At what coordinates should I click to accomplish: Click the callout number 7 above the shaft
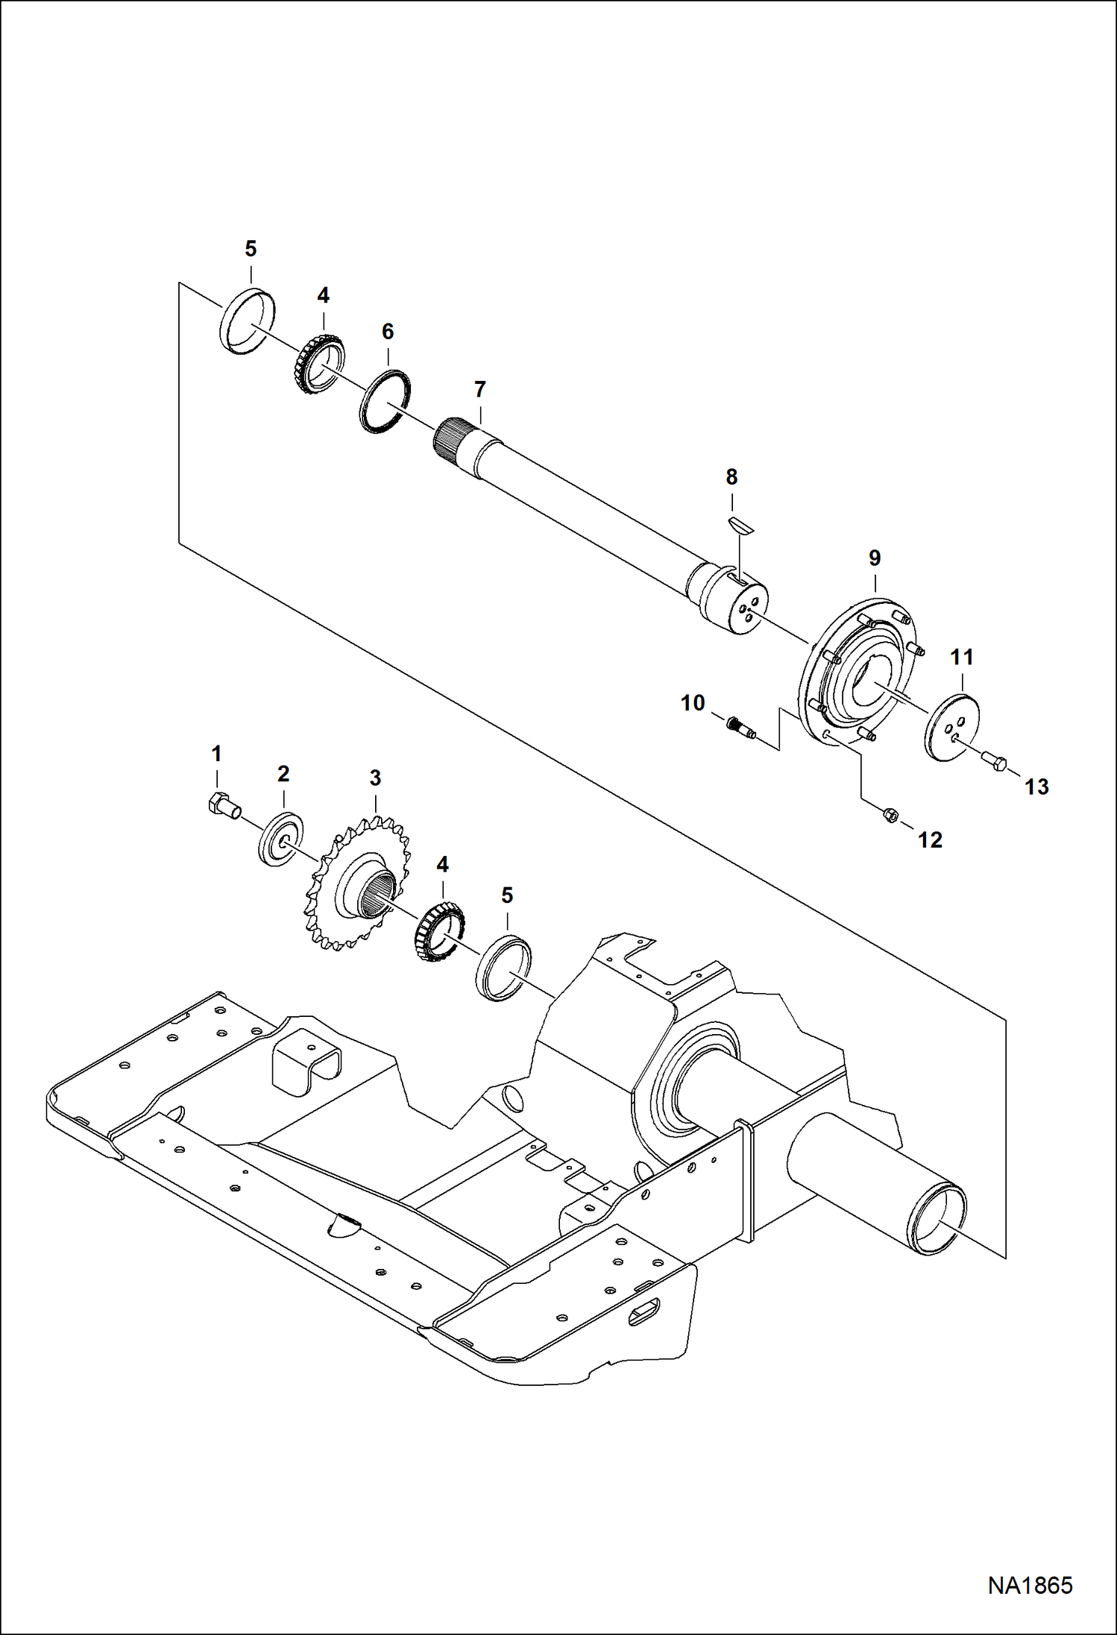pos(479,389)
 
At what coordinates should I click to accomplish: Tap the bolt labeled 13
pos(993,762)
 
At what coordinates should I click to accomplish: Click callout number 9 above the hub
pos(875,558)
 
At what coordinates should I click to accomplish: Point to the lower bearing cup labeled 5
pos(503,968)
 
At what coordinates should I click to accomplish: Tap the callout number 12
pos(930,840)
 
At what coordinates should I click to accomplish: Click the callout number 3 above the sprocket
pos(375,778)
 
